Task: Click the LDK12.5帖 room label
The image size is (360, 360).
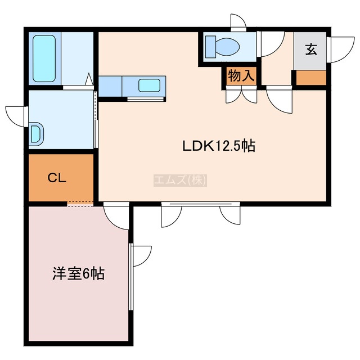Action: [219, 146]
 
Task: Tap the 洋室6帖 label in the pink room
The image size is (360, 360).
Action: [79, 273]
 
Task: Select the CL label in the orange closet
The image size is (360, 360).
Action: [57, 178]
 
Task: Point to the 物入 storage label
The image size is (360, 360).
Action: [241, 75]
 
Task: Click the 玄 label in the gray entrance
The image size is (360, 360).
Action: [311, 49]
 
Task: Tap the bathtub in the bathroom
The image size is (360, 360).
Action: [44, 58]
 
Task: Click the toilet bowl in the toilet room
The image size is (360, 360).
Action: [226, 47]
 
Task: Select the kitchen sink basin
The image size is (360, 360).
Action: [149, 85]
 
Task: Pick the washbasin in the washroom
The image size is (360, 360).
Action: [36, 134]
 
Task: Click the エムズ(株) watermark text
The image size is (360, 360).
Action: [180, 180]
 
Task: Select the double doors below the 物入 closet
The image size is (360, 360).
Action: [241, 95]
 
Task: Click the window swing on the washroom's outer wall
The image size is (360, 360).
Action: [16, 116]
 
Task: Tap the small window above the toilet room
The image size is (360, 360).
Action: [238, 22]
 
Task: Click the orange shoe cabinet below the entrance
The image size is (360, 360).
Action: [311, 78]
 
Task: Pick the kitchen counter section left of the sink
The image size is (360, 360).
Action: [110, 86]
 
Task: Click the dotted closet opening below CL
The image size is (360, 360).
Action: [80, 204]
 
